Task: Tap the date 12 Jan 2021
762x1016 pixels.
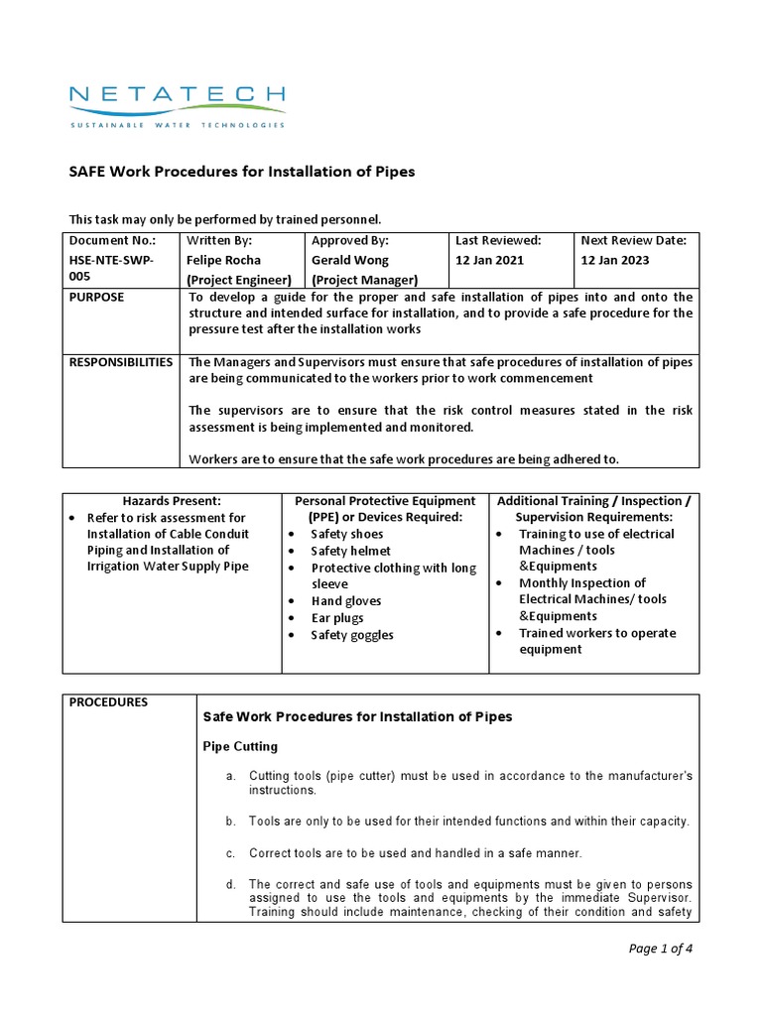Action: click(x=489, y=260)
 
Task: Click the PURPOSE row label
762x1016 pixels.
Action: click(x=96, y=297)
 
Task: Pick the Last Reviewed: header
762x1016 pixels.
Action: click(x=497, y=240)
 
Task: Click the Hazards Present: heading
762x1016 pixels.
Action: click(x=172, y=501)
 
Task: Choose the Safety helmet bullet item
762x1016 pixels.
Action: click(x=350, y=551)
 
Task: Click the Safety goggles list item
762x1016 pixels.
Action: click(x=351, y=635)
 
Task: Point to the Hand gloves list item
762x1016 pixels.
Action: click(x=345, y=601)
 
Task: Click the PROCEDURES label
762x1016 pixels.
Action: click(x=108, y=702)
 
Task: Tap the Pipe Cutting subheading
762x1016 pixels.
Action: click(x=240, y=746)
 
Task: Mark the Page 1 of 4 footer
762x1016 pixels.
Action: click(x=661, y=949)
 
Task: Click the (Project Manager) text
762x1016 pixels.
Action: click(x=364, y=280)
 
